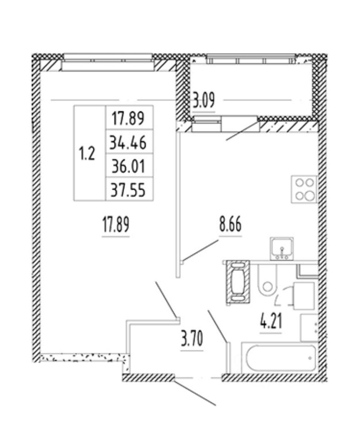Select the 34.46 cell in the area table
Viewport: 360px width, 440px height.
pyautogui.click(x=128, y=143)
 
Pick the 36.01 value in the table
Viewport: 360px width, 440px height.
pyautogui.click(x=128, y=166)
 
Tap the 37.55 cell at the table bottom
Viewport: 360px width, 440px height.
pyautogui.click(x=128, y=189)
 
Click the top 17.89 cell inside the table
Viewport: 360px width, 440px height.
pyautogui.click(x=128, y=119)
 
